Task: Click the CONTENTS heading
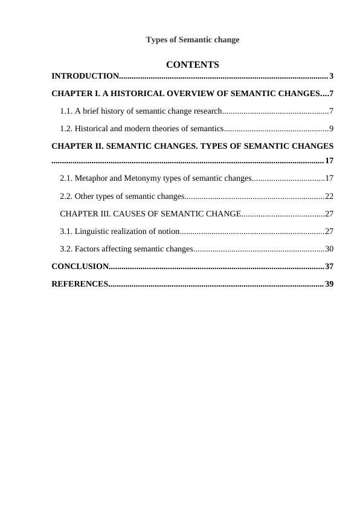point(192,65)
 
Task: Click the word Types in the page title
point(158,40)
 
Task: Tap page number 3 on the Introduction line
point(332,76)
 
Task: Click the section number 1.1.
point(66,111)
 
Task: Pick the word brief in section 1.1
point(91,111)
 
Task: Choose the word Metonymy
point(143,178)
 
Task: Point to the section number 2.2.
point(66,196)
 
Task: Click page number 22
point(329,196)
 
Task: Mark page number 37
point(329,267)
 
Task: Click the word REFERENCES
point(79,284)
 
